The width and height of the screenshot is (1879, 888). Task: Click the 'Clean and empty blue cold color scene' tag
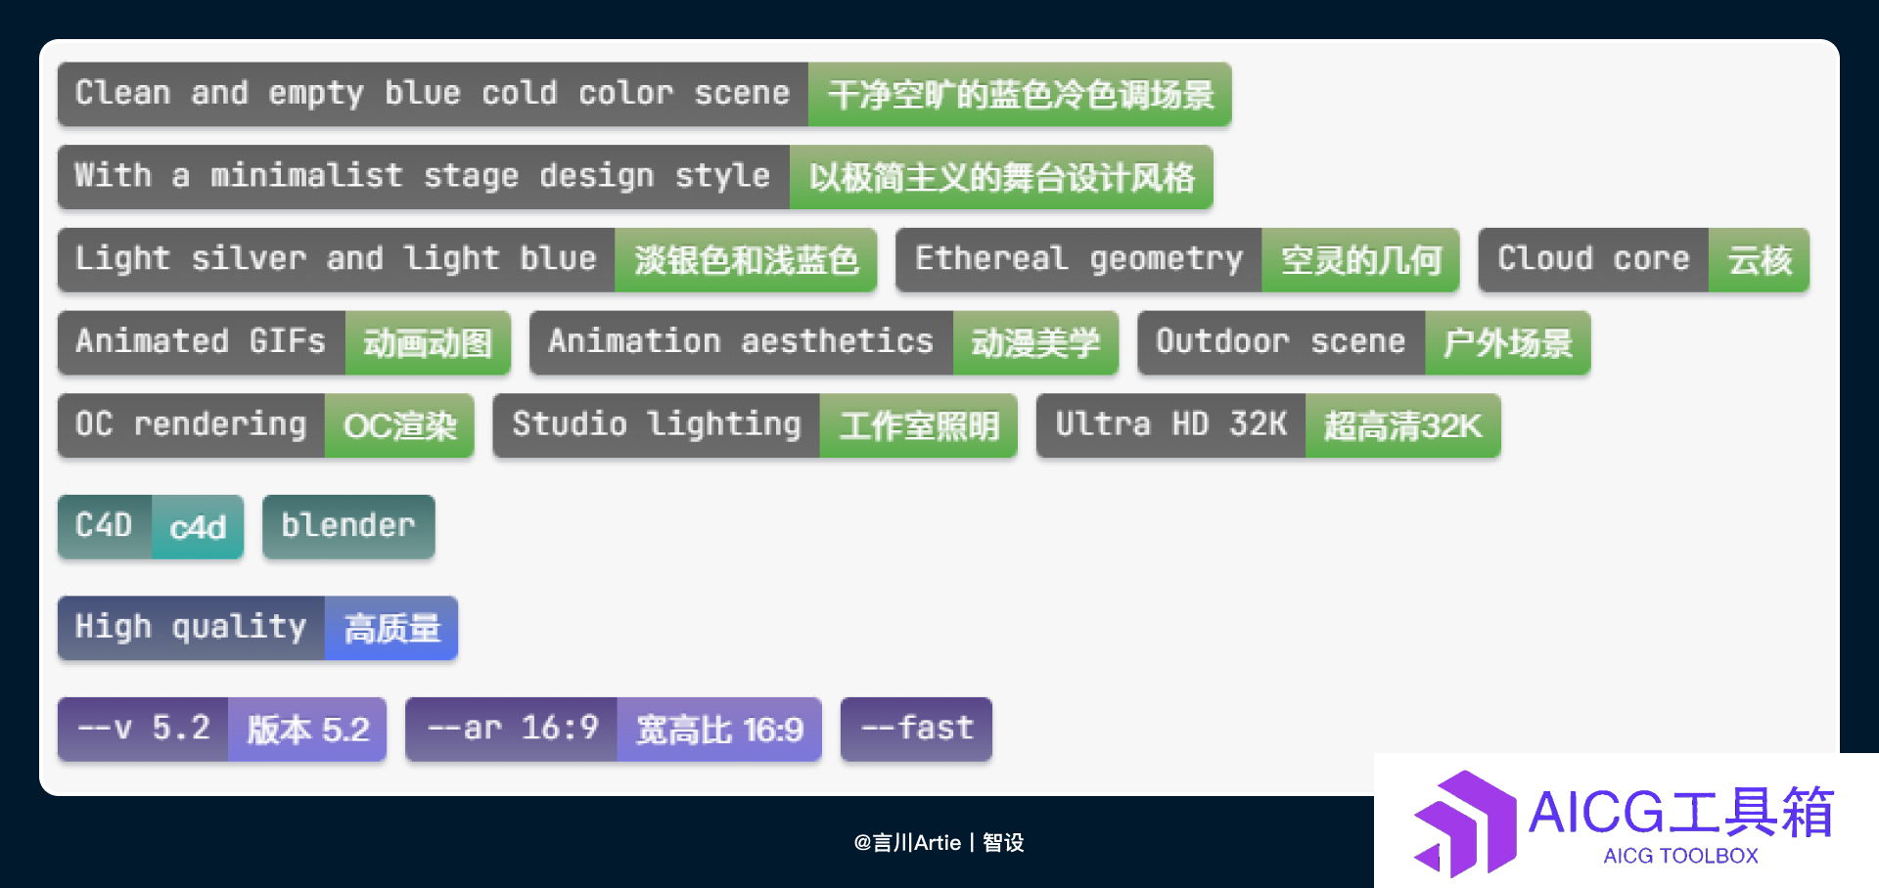pos(433,94)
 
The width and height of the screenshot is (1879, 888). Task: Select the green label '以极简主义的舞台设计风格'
pos(1001,177)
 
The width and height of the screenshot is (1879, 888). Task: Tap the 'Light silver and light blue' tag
pos(336,259)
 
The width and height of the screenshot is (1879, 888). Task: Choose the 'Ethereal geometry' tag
pos(1078,259)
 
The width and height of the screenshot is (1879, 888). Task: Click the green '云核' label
pos(1759,259)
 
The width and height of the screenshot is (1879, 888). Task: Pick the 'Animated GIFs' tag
pos(201,342)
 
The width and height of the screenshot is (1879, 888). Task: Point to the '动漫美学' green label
pos(1035,342)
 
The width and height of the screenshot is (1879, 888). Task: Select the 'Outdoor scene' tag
pos(1281,342)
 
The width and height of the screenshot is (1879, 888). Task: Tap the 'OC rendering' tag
pos(191,425)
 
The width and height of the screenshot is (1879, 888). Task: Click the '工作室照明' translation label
pos(919,425)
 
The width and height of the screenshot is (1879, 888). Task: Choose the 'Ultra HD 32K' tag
pos(1170,425)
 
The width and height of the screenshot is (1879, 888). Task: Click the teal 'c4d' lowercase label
pos(198,527)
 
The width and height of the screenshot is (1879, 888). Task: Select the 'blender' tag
pos(348,527)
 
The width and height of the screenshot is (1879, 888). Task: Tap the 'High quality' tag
pos(191,628)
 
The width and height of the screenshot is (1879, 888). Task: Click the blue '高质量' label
pos(391,628)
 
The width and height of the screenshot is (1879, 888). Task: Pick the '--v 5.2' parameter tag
pos(143,730)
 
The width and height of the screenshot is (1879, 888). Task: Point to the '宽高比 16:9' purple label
pos(719,730)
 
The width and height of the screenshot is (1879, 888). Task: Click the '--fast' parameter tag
pos(916,730)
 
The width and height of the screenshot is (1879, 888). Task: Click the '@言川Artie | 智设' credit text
pos(939,842)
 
